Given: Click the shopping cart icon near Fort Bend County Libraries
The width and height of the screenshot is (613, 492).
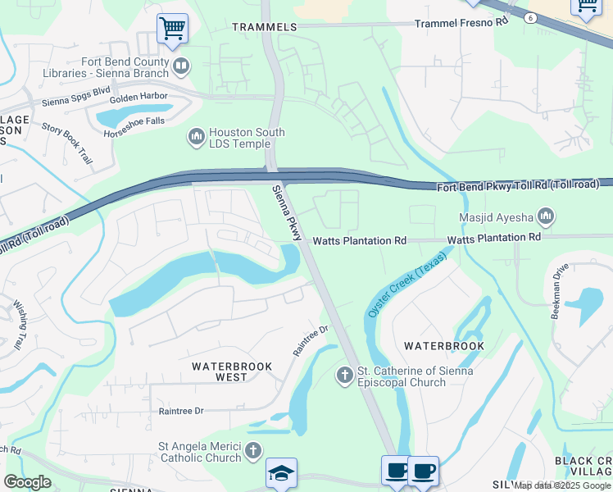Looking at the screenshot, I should point(172,29).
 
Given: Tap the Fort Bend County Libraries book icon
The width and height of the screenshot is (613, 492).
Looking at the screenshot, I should point(181,64).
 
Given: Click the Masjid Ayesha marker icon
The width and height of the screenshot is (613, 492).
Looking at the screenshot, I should point(546,217).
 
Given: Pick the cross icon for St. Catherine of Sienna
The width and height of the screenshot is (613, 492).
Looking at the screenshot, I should point(345,376).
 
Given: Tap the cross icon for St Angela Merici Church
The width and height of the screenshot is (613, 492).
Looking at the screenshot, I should point(253,450).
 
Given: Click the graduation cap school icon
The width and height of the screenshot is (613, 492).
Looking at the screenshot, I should point(281,474).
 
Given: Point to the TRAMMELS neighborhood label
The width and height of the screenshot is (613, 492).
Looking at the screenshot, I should point(264,27).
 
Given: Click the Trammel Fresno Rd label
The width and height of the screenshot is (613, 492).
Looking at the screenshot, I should point(461,23).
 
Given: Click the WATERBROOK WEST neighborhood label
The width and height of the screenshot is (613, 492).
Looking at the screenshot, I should point(220,371).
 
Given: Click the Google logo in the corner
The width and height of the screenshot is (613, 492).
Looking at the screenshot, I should point(27,482).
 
